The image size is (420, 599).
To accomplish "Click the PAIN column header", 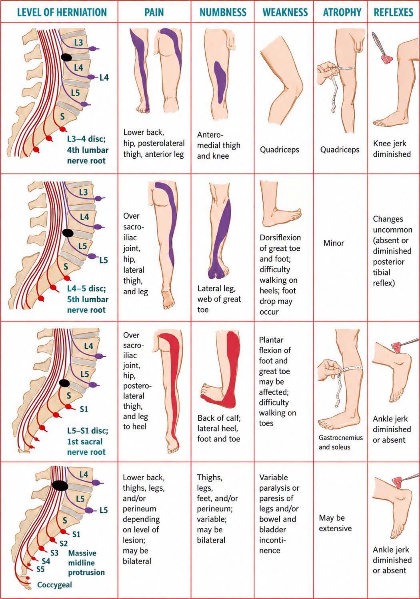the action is click(154, 12).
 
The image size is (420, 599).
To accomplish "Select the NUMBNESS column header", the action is click(223, 12).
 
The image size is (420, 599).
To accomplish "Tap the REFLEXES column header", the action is click(394, 12).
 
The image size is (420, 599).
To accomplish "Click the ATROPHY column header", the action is click(342, 12).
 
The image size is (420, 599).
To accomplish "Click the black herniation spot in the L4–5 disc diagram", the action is click(68, 233).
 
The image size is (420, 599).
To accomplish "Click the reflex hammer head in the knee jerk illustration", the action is click(387, 59).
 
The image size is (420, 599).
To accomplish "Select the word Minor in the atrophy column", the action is click(334, 243).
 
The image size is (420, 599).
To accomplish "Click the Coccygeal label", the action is click(54, 585).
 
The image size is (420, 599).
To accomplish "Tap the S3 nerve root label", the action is click(54, 553).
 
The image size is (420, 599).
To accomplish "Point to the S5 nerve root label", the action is click(40, 569).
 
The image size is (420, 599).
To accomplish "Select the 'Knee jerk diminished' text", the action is click(392, 149).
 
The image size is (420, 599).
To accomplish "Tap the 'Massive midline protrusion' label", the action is click(86, 563).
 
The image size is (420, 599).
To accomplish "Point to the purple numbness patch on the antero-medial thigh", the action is click(220, 82).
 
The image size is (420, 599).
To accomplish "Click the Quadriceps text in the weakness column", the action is click(279, 150).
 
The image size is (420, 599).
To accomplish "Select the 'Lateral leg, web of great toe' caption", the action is click(219, 299).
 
